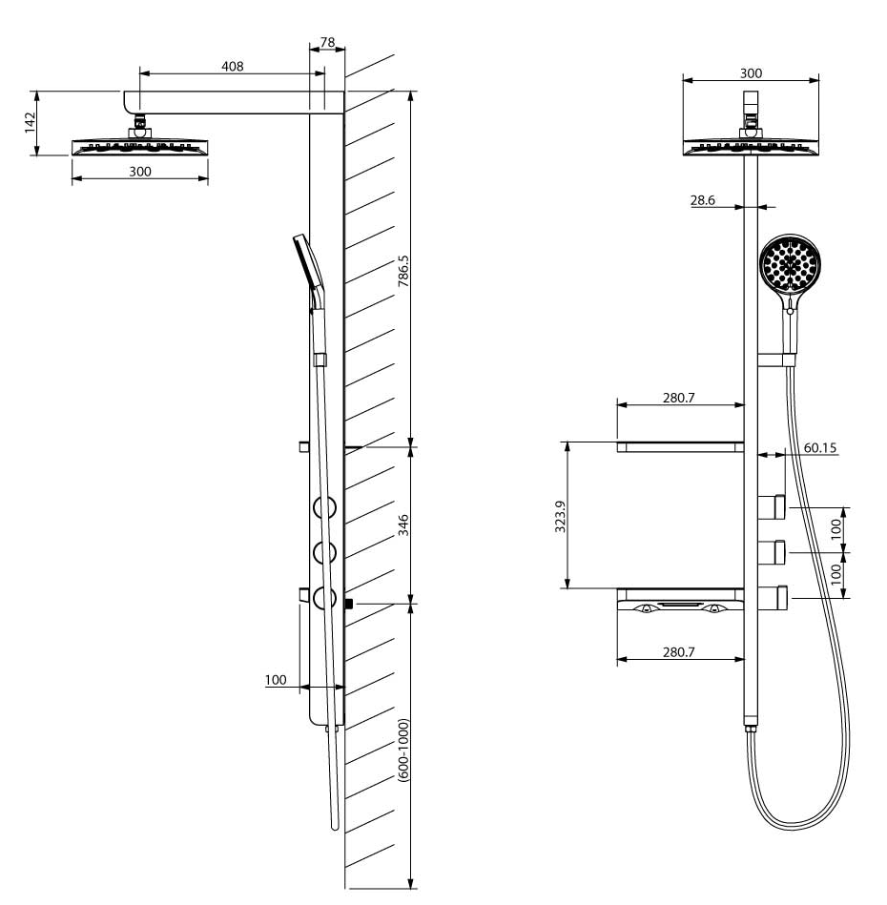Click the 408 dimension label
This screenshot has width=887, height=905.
(233, 67)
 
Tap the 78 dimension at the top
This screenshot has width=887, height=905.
(327, 42)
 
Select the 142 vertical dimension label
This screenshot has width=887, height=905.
(30, 122)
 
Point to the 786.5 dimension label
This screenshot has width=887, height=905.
(403, 271)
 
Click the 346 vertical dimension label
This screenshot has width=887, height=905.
(403, 525)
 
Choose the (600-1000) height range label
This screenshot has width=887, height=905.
(403, 751)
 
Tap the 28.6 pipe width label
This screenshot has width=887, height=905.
(702, 200)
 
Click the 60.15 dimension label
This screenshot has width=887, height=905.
(820, 448)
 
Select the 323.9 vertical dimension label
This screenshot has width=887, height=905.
(560, 516)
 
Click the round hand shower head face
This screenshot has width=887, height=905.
(790, 264)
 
